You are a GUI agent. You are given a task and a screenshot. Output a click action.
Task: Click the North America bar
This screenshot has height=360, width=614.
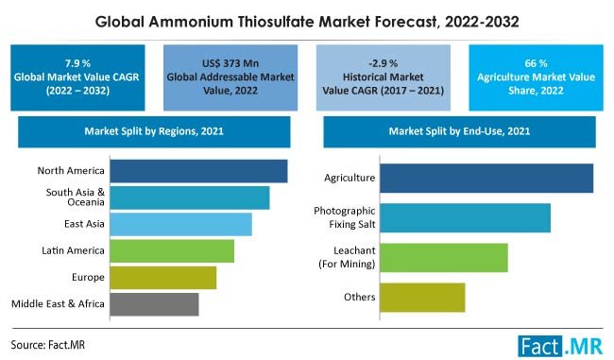(198, 171)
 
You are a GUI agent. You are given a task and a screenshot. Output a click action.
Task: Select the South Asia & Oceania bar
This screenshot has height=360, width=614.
(190, 197)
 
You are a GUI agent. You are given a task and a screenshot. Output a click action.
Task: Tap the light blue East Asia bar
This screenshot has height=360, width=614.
(180, 224)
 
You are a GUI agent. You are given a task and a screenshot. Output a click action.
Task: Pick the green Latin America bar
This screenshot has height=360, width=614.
(172, 250)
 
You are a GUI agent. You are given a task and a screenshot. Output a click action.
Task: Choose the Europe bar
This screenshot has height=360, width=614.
(163, 277)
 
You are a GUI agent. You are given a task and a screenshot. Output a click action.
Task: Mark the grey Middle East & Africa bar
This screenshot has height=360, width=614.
(154, 303)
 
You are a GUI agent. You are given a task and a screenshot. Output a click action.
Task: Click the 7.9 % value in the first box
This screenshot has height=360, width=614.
(79, 61)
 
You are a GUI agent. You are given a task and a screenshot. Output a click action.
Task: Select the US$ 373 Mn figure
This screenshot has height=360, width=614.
(225, 61)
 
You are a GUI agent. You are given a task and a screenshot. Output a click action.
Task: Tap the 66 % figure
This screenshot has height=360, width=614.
(534, 61)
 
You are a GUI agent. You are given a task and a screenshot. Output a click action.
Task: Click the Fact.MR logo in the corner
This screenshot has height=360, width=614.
(561, 344)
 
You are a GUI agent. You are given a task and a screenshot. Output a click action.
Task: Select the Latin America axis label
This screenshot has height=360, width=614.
(72, 250)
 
